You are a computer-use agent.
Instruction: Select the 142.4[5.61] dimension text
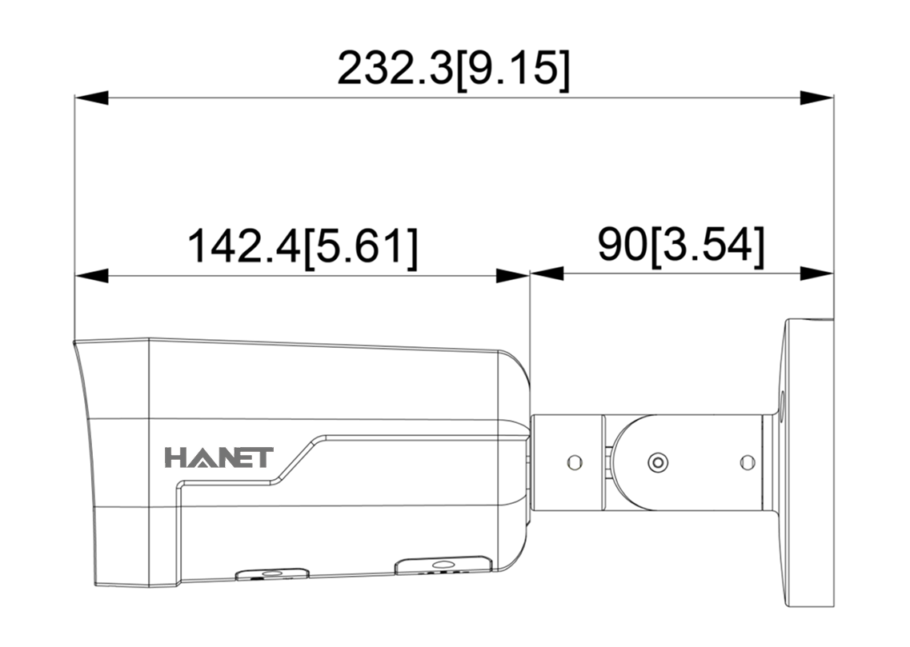303,247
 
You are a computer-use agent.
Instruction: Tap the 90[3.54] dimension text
681,246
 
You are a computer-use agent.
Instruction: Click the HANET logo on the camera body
218,457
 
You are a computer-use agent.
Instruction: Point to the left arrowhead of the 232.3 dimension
92,98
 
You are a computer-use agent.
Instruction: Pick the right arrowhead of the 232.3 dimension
816,98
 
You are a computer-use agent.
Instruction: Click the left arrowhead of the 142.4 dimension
92,275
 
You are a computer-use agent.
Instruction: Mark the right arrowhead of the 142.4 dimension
512,275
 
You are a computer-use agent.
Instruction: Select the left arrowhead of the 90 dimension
547,274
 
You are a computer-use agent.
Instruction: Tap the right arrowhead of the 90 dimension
816,274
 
